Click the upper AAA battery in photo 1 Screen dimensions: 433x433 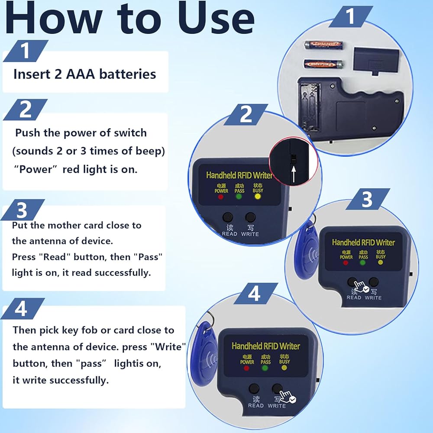323,45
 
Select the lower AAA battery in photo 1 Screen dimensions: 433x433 323,65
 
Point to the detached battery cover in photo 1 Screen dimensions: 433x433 376,60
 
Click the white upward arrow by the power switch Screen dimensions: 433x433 294,173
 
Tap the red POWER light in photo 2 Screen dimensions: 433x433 220,197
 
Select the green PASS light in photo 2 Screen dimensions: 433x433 239,197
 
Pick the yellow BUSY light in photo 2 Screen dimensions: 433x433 257,196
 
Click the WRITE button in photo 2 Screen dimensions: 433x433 250,217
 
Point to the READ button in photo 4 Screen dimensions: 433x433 254,388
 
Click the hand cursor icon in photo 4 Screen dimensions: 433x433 288,397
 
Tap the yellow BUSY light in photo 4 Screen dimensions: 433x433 284,368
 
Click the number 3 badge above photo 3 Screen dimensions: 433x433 368,199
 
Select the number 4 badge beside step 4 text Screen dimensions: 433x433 23,308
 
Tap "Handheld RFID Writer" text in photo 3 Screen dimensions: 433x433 363,242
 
